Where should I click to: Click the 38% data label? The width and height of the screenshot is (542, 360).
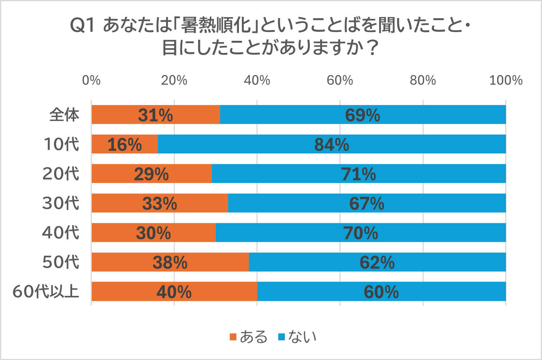point(170,262)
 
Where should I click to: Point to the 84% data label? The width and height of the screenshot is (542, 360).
point(331,145)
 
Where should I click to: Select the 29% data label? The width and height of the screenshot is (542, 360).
point(151,174)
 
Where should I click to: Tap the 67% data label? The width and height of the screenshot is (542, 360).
point(366,204)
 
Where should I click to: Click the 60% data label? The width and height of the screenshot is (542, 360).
point(381,292)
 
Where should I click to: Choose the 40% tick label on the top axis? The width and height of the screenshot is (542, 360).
point(257,80)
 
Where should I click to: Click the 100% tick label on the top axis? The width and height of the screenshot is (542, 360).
point(506,80)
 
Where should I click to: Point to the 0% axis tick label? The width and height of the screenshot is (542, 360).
point(91,80)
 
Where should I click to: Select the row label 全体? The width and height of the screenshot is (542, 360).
point(64,115)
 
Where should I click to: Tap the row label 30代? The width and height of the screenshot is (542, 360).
point(61,203)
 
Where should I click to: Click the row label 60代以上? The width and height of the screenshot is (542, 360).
point(46,291)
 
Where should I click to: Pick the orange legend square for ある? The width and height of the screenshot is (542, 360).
point(233,337)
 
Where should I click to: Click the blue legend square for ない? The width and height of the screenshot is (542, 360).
point(281,337)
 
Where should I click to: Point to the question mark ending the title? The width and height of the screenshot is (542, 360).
point(372,48)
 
